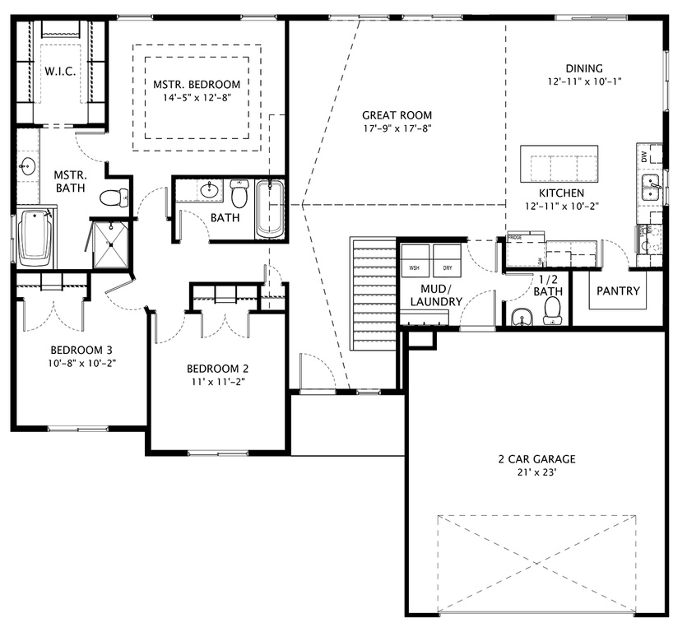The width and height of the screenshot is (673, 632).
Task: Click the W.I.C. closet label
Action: pyautogui.click(x=60, y=72)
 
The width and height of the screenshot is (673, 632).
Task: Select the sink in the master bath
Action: pyautogui.click(x=27, y=168)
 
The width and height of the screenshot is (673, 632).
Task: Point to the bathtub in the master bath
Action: pyautogui.click(x=35, y=238)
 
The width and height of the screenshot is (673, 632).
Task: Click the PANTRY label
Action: pyautogui.click(x=618, y=291)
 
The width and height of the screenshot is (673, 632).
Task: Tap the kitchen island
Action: pyautogui.click(x=559, y=163)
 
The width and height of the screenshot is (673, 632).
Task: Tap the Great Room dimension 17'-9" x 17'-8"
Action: pyautogui.click(x=397, y=128)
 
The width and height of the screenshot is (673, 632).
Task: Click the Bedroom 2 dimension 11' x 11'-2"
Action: pyautogui.click(x=216, y=382)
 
